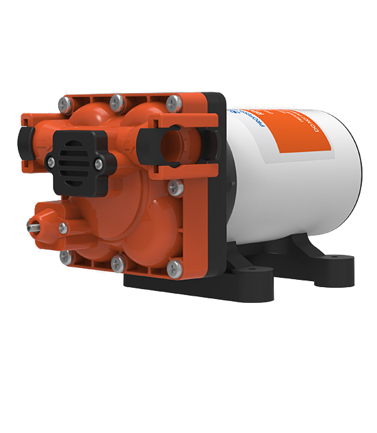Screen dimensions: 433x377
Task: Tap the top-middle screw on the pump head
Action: click(x=117, y=102)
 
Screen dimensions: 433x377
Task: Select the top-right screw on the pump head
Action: click(x=174, y=102)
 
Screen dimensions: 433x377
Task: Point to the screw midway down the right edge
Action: click(x=175, y=187)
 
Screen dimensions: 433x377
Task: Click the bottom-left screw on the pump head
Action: click(x=65, y=256)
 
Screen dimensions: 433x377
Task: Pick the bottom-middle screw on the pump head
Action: click(x=117, y=263)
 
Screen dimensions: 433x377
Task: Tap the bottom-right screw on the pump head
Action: click(x=175, y=268)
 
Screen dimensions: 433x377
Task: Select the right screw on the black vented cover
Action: click(x=99, y=162)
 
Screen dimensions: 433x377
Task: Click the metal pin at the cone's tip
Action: click(x=31, y=225)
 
